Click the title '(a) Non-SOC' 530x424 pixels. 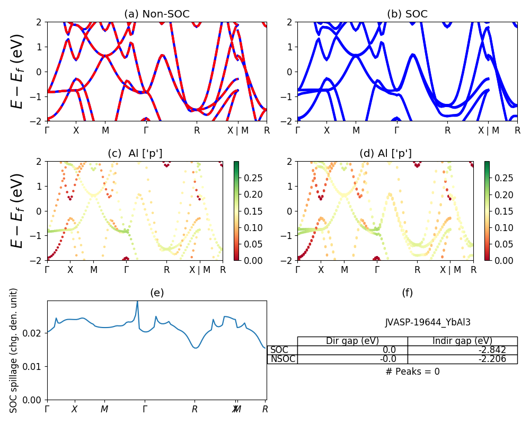click(x=156, y=14)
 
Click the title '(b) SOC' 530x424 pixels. click(x=407, y=14)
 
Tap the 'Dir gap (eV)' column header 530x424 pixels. click(x=352, y=341)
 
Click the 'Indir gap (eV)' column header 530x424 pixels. click(x=462, y=341)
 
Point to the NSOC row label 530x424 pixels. click(x=282, y=359)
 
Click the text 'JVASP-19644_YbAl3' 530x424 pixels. click(x=428, y=322)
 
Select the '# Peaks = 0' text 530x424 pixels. click(x=412, y=372)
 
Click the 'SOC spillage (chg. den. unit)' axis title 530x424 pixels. click(x=14, y=350)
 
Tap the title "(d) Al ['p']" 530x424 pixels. click(x=385, y=154)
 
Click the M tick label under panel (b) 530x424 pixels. click(x=356, y=130)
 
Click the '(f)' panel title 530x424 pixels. click(x=407, y=293)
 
